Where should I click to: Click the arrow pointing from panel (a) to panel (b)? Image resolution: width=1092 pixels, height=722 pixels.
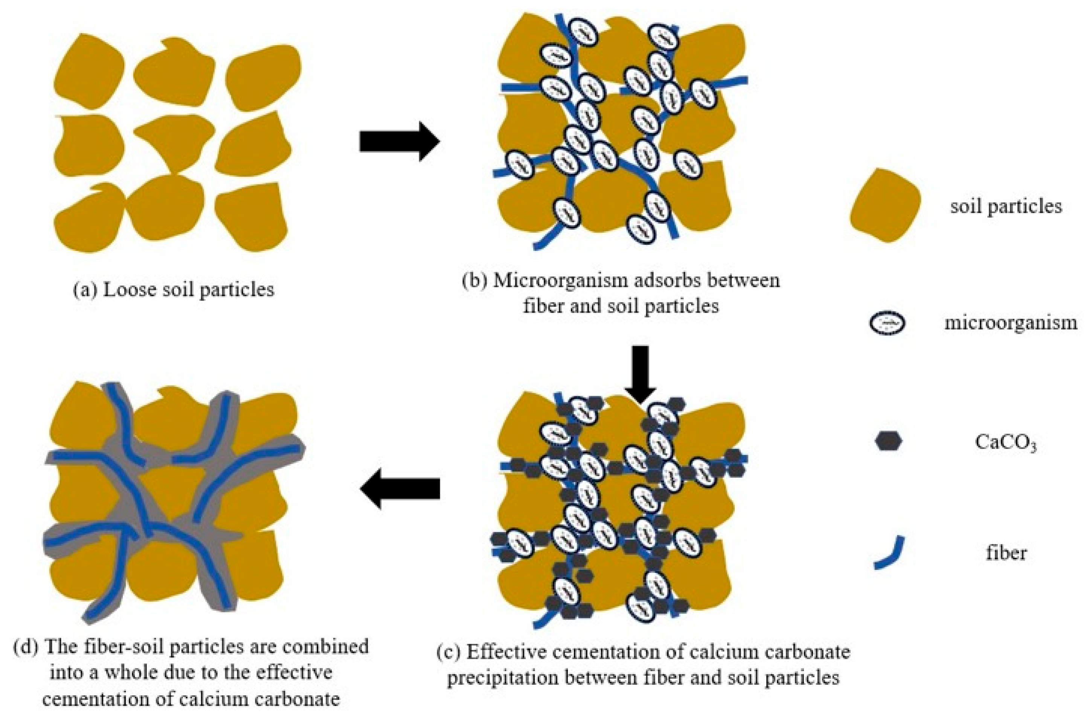399,141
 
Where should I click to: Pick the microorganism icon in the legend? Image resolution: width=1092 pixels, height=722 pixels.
887,323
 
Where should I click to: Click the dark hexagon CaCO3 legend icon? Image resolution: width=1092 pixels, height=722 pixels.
888,441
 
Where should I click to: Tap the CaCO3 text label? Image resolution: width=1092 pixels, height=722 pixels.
1006,443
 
